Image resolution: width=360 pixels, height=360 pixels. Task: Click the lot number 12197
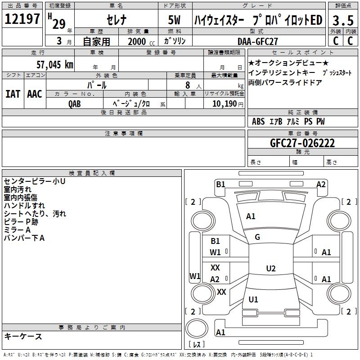coord(22,19)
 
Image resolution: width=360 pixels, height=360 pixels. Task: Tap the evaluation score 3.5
coord(343,20)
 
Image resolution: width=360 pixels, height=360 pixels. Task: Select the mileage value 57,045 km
coord(55,65)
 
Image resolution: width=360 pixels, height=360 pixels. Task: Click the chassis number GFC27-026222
coord(302,143)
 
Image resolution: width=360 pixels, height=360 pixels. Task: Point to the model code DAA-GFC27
coord(257,41)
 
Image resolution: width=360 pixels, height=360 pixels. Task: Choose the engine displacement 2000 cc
coord(141,41)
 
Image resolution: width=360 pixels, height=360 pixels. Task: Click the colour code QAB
coord(74,104)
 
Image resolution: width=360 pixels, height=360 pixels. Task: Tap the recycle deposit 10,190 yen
coord(228,104)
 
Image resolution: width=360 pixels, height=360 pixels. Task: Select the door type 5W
coord(174,20)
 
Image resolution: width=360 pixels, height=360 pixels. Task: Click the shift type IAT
coord(13,94)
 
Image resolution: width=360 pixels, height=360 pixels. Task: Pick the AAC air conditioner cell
coord(35,94)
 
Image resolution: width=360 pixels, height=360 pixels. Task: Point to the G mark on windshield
coord(257,237)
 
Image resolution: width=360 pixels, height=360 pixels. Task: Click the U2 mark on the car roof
coord(271,268)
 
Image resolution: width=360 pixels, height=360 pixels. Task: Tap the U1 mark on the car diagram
coord(253,299)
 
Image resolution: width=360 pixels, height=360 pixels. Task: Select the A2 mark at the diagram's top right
coord(321,184)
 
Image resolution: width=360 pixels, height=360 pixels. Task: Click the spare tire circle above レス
coord(197,328)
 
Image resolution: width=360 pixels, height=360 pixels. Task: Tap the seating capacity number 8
coord(188,85)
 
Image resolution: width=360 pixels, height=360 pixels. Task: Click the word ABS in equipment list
coord(258,121)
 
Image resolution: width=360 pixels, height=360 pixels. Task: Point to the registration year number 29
coord(59,24)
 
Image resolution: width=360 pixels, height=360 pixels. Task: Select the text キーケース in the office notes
coord(23,336)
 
